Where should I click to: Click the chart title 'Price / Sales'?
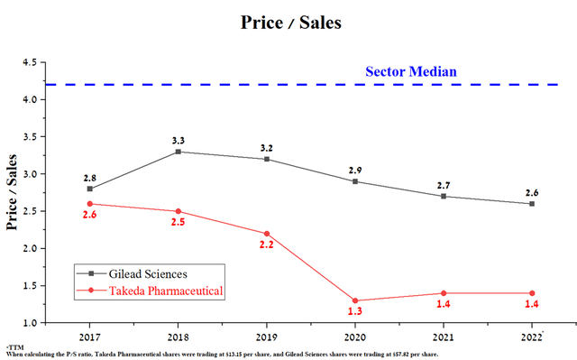click(290, 23)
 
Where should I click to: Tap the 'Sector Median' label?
click(410, 71)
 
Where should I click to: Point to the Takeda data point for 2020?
click(355, 300)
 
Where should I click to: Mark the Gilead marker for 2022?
click(532, 204)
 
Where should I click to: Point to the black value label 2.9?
click(355, 170)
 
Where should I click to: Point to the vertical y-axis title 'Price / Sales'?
click(13, 192)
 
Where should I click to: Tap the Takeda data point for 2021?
click(444, 293)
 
